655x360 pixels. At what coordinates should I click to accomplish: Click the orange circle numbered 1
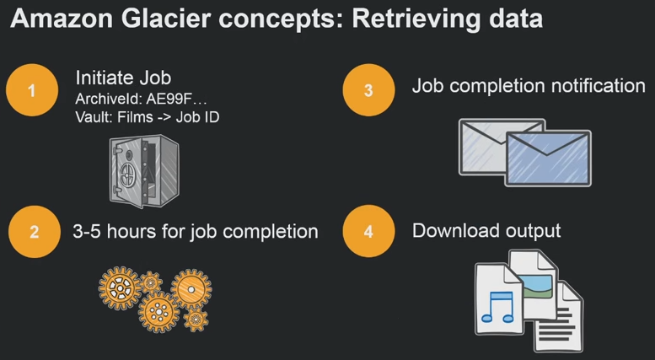click(32, 90)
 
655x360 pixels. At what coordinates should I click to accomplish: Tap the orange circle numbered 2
click(35, 231)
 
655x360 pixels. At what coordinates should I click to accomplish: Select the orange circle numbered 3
click(368, 90)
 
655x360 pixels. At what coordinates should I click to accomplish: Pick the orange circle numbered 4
click(368, 231)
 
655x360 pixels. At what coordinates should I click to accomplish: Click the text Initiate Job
click(123, 78)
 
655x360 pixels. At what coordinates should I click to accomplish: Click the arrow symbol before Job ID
click(164, 118)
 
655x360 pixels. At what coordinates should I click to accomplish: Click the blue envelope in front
click(548, 159)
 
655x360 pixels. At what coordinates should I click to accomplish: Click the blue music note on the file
click(498, 307)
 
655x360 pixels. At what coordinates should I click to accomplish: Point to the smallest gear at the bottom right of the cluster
click(196, 320)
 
